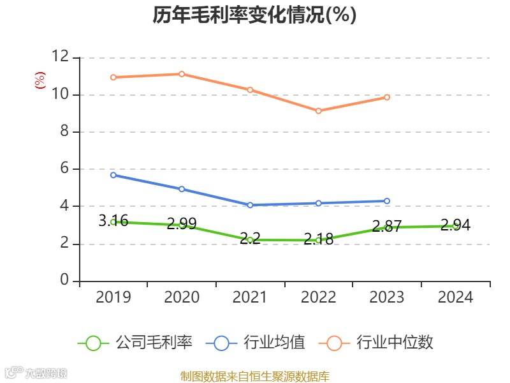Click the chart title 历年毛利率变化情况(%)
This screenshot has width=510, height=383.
tap(254, 15)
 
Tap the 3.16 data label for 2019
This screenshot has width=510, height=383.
tap(113, 222)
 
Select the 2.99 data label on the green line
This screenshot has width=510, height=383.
tap(182, 224)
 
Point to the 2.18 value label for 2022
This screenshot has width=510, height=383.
tap(318, 239)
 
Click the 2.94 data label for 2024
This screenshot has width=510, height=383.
tap(455, 225)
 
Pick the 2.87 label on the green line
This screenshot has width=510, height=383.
tap(387, 227)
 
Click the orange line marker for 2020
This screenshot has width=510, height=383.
tap(182, 74)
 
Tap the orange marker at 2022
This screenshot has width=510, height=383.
tap(319, 111)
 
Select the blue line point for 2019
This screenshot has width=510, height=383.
tap(113, 175)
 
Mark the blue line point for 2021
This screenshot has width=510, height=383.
tap(250, 205)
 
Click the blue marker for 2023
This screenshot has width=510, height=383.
tap(387, 201)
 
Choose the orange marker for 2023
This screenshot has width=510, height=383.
tap(387, 97)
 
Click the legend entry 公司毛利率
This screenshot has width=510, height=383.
tap(135, 343)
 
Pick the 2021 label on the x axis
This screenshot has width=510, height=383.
tap(250, 297)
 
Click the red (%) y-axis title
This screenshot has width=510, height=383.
tap(40, 80)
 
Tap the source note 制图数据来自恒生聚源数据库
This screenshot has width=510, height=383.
tap(254, 377)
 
